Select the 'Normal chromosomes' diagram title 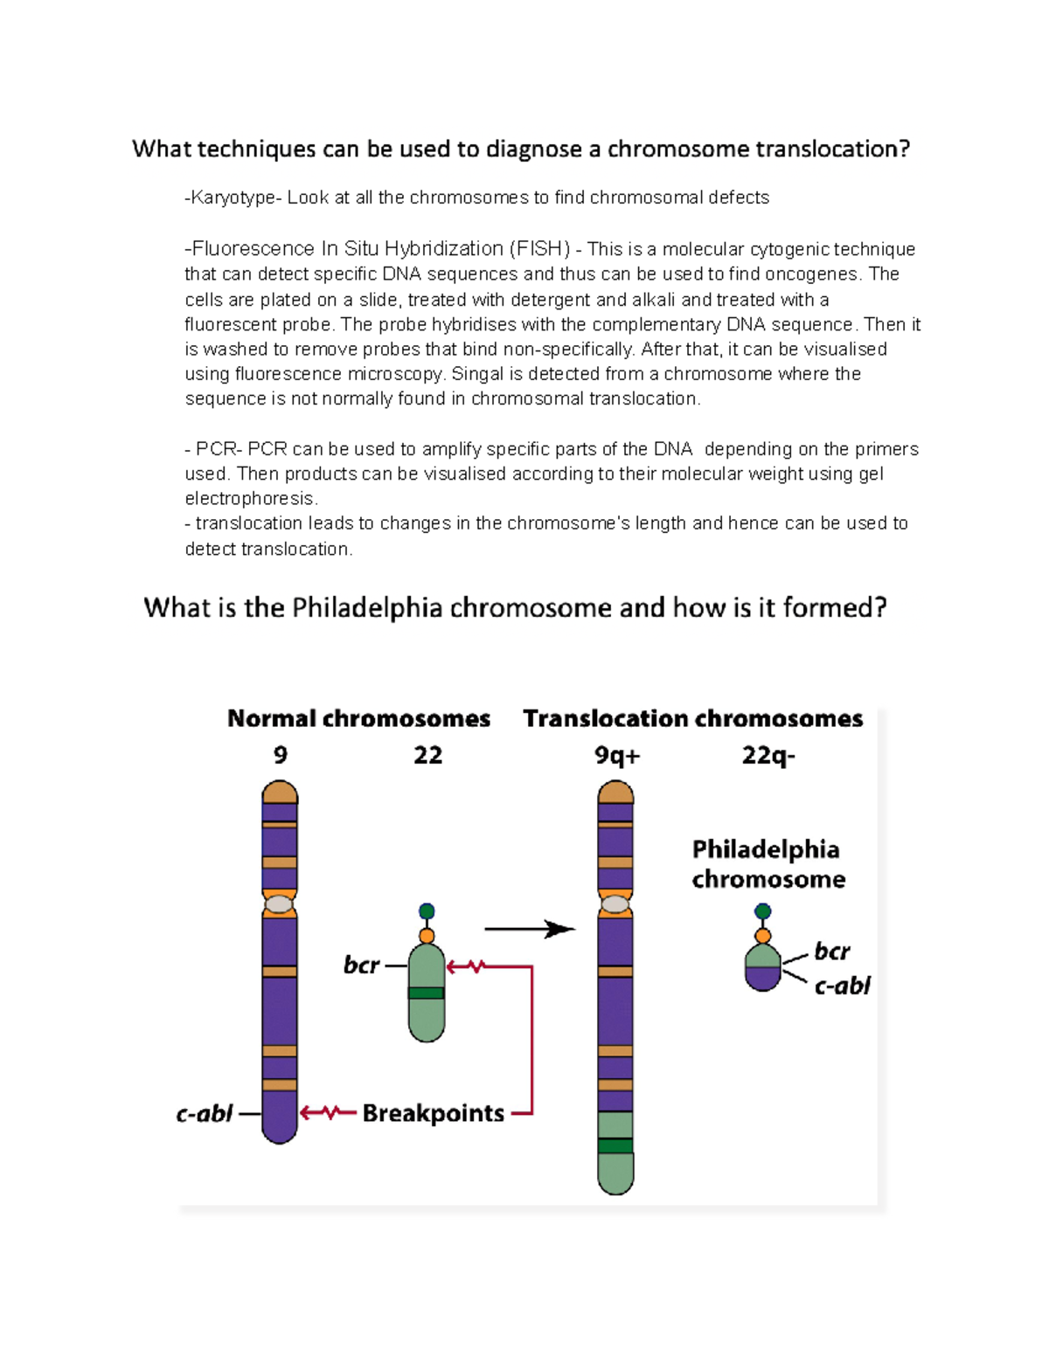click(358, 719)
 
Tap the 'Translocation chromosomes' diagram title click(692, 719)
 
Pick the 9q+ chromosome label click(617, 755)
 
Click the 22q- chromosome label click(768, 755)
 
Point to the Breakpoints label click(433, 1113)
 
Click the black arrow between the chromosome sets click(529, 929)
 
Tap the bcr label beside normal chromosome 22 click(361, 966)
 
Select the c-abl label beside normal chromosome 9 click(205, 1114)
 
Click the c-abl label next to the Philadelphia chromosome click(842, 986)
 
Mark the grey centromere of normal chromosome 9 click(280, 904)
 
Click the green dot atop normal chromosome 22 click(427, 911)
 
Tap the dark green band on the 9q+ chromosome click(615, 1146)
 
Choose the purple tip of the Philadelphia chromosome click(763, 980)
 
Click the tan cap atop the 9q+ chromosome click(615, 793)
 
